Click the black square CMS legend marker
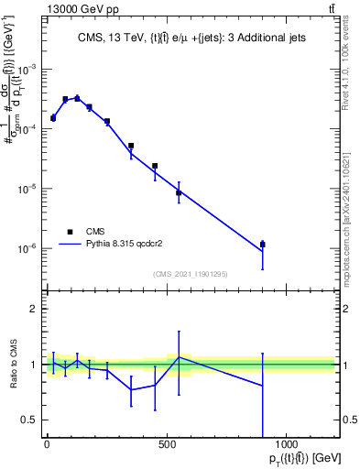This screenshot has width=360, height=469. click(x=70, y=232)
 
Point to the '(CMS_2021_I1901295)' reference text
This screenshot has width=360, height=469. click(x=190, y=274)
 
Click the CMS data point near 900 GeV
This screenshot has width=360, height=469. click(x=263, y=245)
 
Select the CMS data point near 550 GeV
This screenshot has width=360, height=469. click(x=179, y=192)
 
